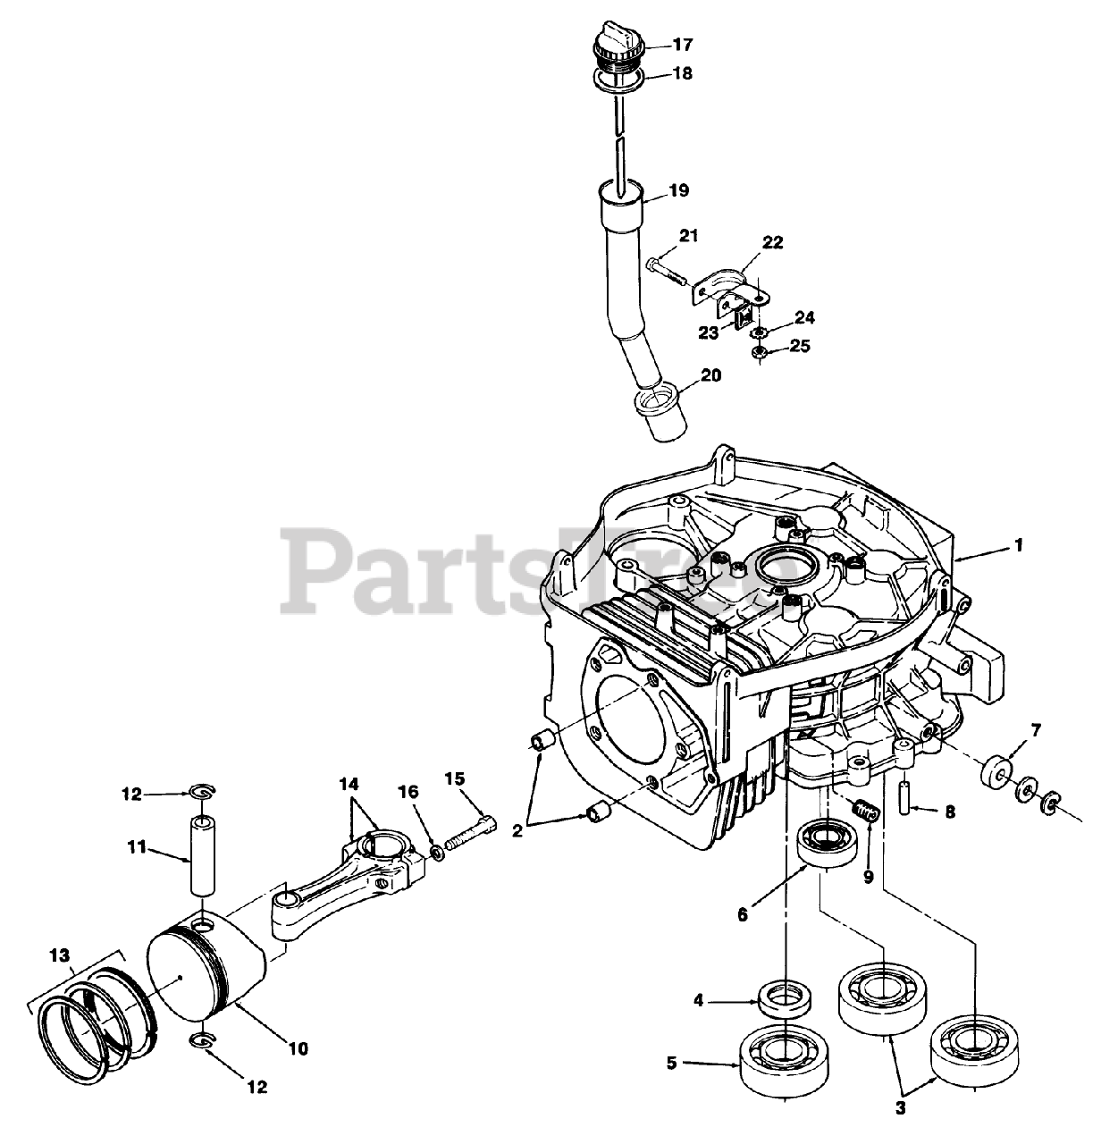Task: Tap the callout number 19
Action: point(680,190)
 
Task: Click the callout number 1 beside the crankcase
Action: point(1019,544)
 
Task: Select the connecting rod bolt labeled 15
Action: point(467,820)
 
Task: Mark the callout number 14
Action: point(349,783)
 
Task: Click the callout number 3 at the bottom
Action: point(901,1109)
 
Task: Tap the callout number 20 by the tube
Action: point(710,375)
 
